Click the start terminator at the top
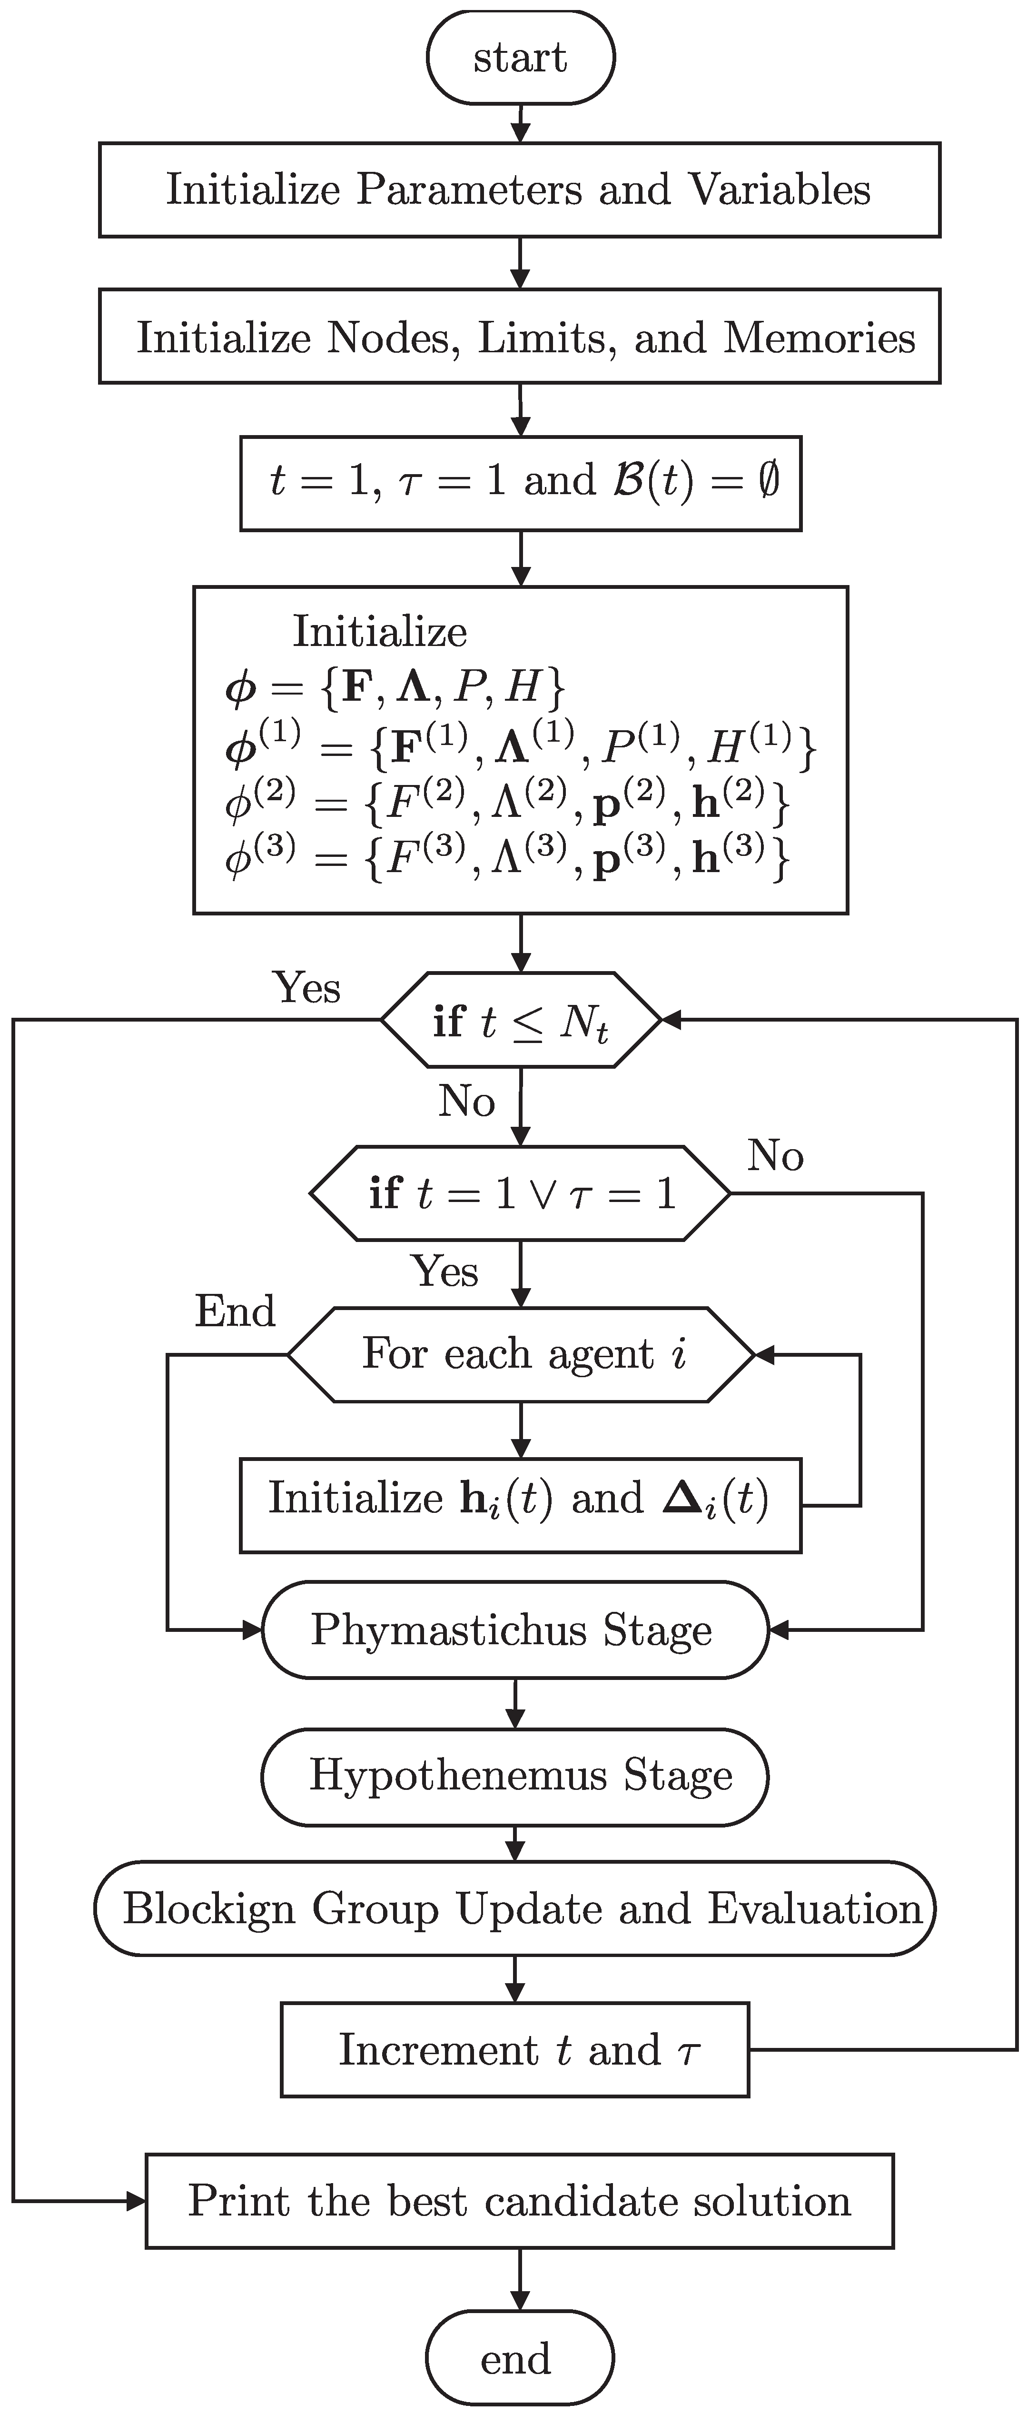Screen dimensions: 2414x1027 520,57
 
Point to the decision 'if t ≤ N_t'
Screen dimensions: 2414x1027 520,1020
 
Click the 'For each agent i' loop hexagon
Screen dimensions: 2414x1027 520,1354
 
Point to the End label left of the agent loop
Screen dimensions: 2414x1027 235,1311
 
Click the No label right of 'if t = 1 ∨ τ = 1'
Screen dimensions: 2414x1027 775,1156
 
